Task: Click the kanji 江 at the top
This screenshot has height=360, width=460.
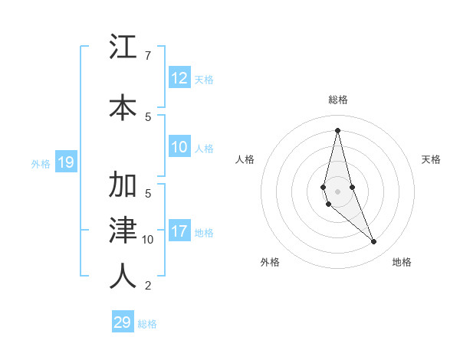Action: point(123,47)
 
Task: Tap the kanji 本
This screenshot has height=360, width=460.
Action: point(123,106)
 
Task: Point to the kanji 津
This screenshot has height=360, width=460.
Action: point(123,230)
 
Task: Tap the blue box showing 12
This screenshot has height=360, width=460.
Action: point(179,78)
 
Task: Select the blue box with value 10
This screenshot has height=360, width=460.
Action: point(179,147)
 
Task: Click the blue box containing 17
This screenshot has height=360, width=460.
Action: point(179,231)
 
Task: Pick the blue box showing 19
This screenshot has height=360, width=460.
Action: point(66,162)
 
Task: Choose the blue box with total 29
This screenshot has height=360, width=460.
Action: point(123,322)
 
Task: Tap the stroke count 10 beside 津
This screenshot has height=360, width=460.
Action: point(148,240)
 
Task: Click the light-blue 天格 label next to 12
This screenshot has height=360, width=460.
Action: point(204,79)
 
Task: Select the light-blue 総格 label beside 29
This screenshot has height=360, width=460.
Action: point(147,324)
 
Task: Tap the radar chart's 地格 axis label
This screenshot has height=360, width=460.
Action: point(402,262)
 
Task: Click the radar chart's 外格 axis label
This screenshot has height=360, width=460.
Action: point(270,262)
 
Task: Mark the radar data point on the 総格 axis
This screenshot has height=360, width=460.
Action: point(337,130)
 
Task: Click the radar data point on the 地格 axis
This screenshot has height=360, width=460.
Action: point(374,242)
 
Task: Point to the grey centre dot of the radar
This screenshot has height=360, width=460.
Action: point(337,191)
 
